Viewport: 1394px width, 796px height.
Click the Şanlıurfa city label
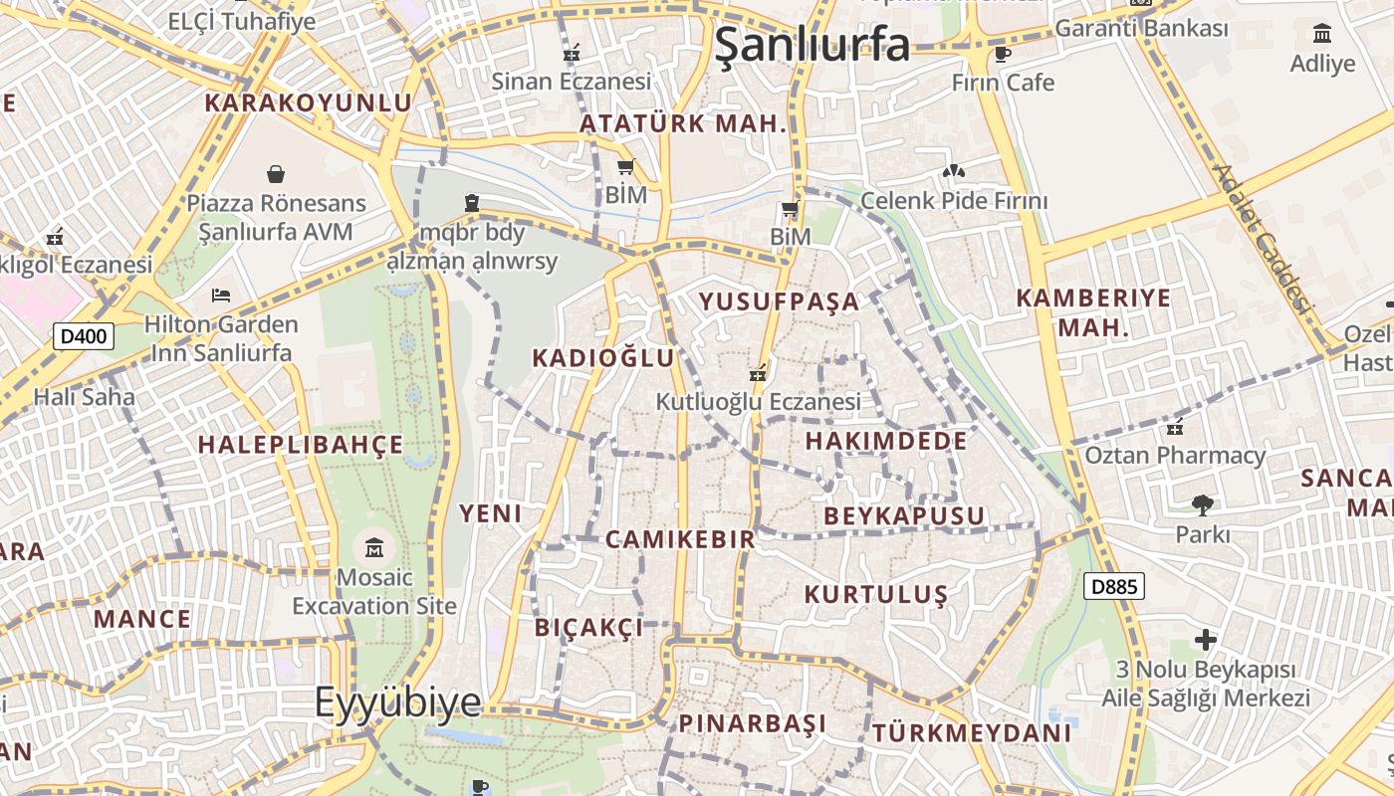tap(813, 45)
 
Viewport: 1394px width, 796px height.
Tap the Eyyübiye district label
tap(398, 702)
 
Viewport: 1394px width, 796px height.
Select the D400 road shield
tap(84, 336)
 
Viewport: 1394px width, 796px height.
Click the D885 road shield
tap(1114, 586)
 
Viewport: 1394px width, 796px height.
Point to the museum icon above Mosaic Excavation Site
tap(374, 547)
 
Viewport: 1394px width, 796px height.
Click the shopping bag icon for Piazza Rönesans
tap(276, 175)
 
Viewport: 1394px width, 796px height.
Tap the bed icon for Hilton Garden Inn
tap(221, 296)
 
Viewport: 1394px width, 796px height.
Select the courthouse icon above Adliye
tap(1322, 35)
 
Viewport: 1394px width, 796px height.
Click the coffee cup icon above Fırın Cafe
tap(1002, 54)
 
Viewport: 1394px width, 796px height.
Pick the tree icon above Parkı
tap(1203, 505)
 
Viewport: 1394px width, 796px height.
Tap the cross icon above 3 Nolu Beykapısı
tap(1206, 639)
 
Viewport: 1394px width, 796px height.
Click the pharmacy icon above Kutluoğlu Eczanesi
tap(758, 374)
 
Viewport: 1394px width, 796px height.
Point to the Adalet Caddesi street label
tap(1261, 239)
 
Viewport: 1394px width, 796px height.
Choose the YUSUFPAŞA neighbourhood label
tap(779, 301)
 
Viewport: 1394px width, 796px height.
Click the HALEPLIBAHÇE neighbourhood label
tap(301, 445)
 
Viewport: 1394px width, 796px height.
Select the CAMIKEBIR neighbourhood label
tap(680, 539)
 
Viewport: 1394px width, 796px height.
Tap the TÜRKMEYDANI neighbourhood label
tap(972, 733)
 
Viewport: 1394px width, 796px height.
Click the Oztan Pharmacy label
tap(1175, 456)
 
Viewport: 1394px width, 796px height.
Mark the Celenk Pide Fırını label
tap(954, 201)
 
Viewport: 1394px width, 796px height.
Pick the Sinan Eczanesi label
tap(572, 82)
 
